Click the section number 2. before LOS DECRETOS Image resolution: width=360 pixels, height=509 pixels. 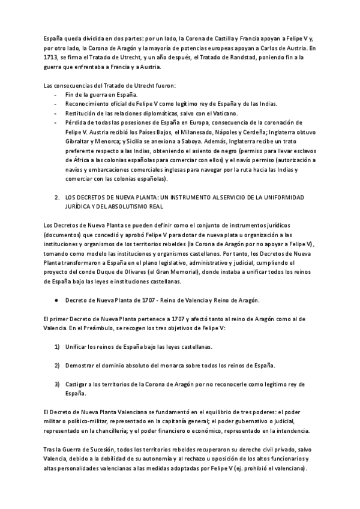57,197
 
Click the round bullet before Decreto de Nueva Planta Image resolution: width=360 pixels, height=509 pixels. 55,300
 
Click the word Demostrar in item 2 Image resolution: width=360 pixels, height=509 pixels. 83,366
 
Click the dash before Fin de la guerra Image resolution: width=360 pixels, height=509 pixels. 56,95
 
